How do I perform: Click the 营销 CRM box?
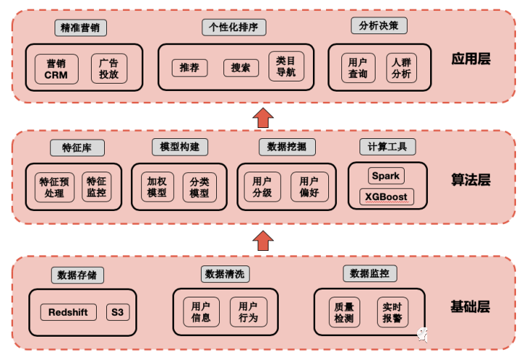point(57,69)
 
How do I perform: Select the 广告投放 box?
point(109,68)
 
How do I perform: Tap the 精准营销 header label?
point(81,28)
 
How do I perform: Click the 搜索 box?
point(241,68)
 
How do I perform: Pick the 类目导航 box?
point(286,66)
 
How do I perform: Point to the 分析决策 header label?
point(379,25)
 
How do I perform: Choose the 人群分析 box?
point(401,68)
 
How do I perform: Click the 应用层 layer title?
point(471,59)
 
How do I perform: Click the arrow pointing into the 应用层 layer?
point(263,118)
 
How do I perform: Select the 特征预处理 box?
point(55,187)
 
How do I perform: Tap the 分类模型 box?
point(199,188)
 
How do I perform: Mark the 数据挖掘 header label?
point(287,147)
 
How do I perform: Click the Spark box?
point(386,176)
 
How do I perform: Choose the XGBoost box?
point(386,196)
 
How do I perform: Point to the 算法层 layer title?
point(471,180)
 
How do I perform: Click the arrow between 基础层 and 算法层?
point(263,241)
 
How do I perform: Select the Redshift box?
point(68,312)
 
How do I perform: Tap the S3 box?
point(118,312)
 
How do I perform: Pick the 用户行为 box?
point(248,312)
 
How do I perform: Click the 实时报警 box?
point(392,312)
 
